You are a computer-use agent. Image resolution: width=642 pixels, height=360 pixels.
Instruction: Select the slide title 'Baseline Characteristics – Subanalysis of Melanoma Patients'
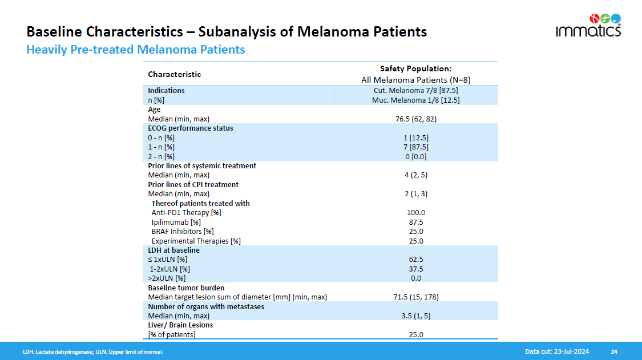227,31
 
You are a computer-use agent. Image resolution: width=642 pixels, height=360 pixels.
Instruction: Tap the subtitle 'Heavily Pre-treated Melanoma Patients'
136,50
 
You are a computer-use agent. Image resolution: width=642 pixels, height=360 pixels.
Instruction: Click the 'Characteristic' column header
175,74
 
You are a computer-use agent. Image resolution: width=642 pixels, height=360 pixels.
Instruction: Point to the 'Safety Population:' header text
415,68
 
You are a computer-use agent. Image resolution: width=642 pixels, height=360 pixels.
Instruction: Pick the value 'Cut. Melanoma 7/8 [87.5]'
415,91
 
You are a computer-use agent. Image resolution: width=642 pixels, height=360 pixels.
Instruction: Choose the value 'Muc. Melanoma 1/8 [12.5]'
415,100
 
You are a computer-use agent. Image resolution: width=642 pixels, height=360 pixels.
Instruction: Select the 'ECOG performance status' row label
191,128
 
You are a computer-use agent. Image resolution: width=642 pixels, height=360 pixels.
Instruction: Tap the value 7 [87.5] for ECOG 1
415,147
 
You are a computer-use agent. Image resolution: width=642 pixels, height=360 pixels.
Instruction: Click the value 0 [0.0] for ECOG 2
415,156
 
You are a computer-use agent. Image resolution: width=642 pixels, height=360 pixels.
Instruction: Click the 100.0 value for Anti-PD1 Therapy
415,213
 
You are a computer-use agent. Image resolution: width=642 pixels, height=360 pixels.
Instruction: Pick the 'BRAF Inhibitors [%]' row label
183,232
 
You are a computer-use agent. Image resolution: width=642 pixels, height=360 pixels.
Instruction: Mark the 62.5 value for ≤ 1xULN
415,260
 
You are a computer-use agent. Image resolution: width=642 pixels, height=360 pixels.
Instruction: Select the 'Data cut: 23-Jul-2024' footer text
557,351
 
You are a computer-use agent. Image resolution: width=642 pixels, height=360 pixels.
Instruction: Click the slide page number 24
614,351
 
